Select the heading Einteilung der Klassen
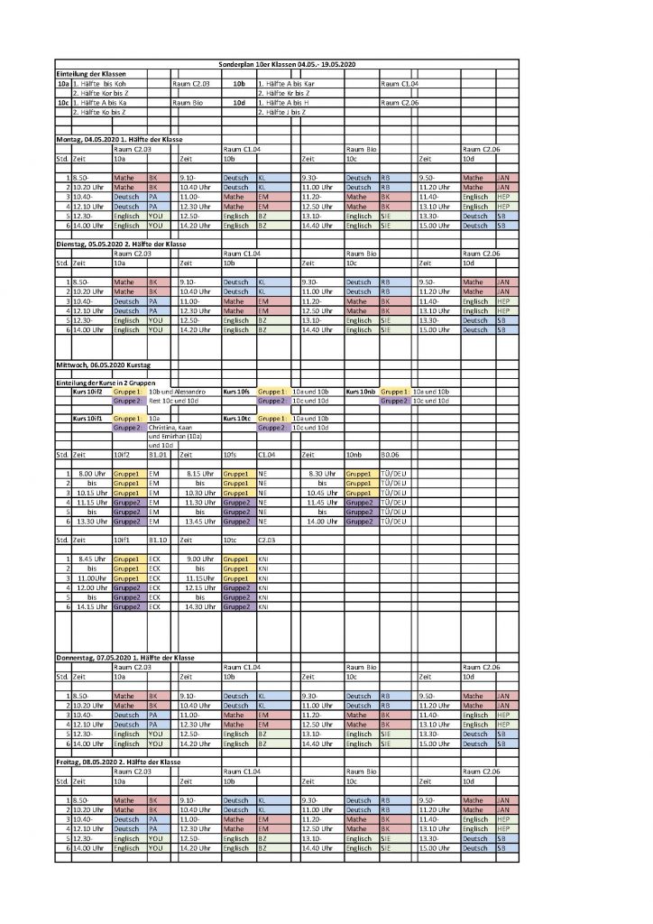click(x=90, y=73)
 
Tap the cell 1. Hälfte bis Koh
click(x=105, y=83)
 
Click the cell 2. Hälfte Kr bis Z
click(x=284, y=93)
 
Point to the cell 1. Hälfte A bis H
click(x=284, y=103)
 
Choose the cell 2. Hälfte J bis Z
click(x=283, y=113)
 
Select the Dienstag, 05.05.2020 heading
click(x=117, y=244)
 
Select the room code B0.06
click(x=391, y=455)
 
